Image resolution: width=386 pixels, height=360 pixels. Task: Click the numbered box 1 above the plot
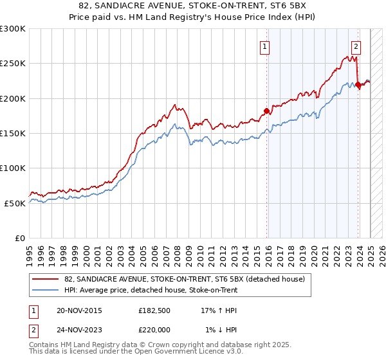[265, 46]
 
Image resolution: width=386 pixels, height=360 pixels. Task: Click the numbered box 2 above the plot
[356, 46]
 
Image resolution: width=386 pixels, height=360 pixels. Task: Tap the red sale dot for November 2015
[267, 110]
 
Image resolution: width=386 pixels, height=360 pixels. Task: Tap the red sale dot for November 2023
[358, 84]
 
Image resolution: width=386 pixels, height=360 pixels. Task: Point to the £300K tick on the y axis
[13, 29]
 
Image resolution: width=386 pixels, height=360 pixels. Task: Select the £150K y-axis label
[13, 133]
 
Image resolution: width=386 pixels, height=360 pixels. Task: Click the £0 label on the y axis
[20, 238]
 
